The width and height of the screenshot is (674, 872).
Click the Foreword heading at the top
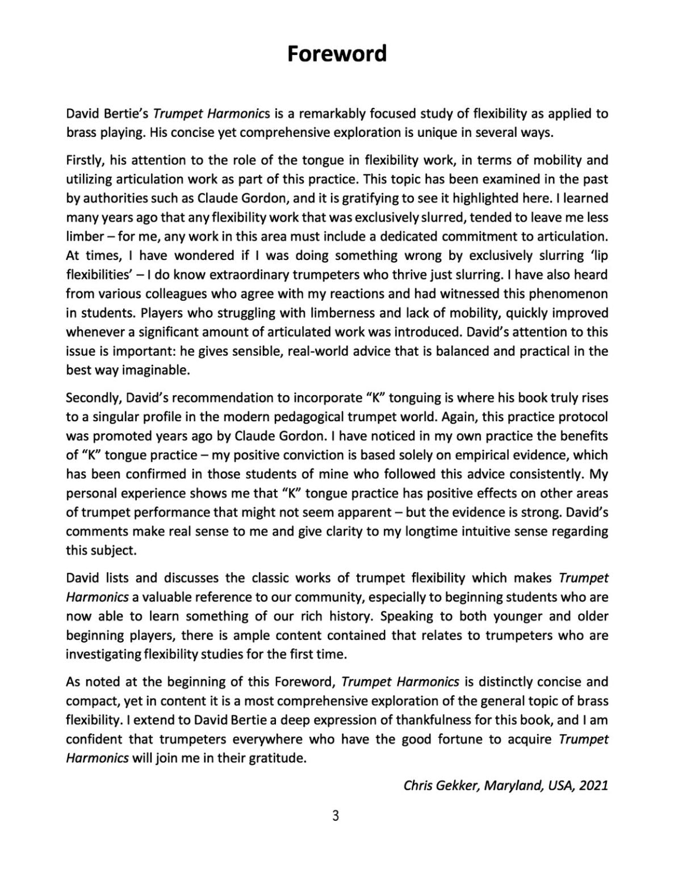point(337,53)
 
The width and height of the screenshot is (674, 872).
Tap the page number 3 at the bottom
point(336,816)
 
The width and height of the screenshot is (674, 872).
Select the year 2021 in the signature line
point(593,785)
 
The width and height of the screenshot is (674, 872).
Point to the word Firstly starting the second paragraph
point(83,160)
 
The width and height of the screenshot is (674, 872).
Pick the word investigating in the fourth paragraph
point(101,653)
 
